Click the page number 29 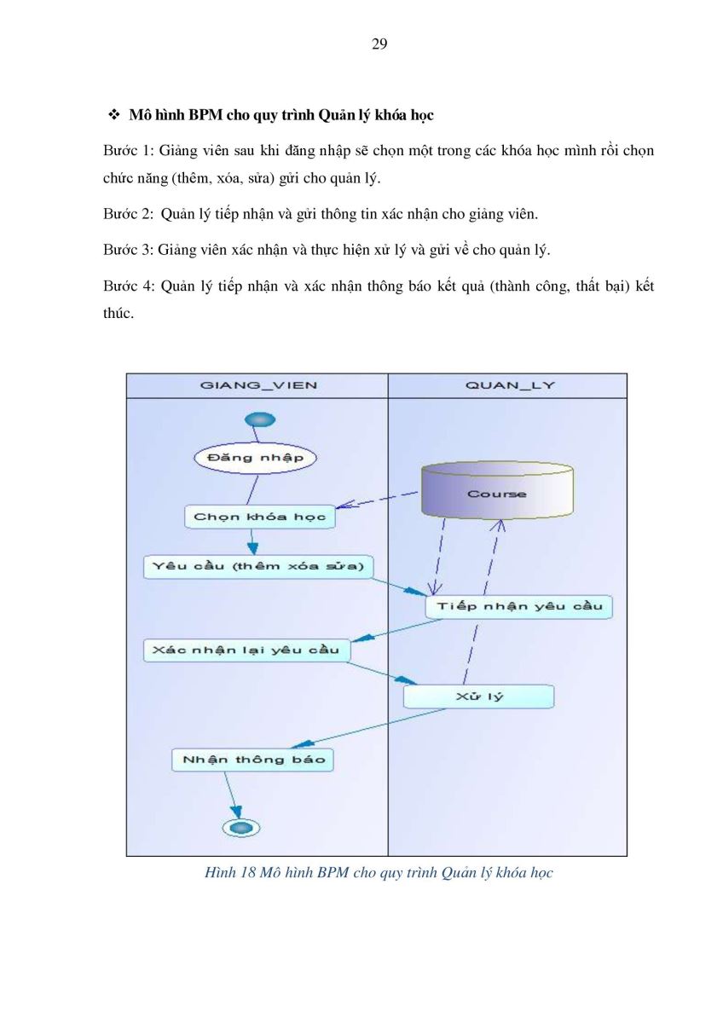379,44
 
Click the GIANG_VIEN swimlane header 257,385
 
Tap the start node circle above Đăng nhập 260,419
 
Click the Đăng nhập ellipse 255,458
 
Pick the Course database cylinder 497,490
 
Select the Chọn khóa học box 260,517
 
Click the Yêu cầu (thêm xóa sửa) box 258,567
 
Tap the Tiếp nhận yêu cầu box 519,606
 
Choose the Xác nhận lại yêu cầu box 246,650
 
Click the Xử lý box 478,696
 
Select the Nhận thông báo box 252,760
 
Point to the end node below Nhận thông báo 241,827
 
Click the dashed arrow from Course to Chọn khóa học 377,500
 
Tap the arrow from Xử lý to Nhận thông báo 368,728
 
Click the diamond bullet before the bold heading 113,114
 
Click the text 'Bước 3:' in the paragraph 129,249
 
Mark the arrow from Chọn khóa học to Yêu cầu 252,541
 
